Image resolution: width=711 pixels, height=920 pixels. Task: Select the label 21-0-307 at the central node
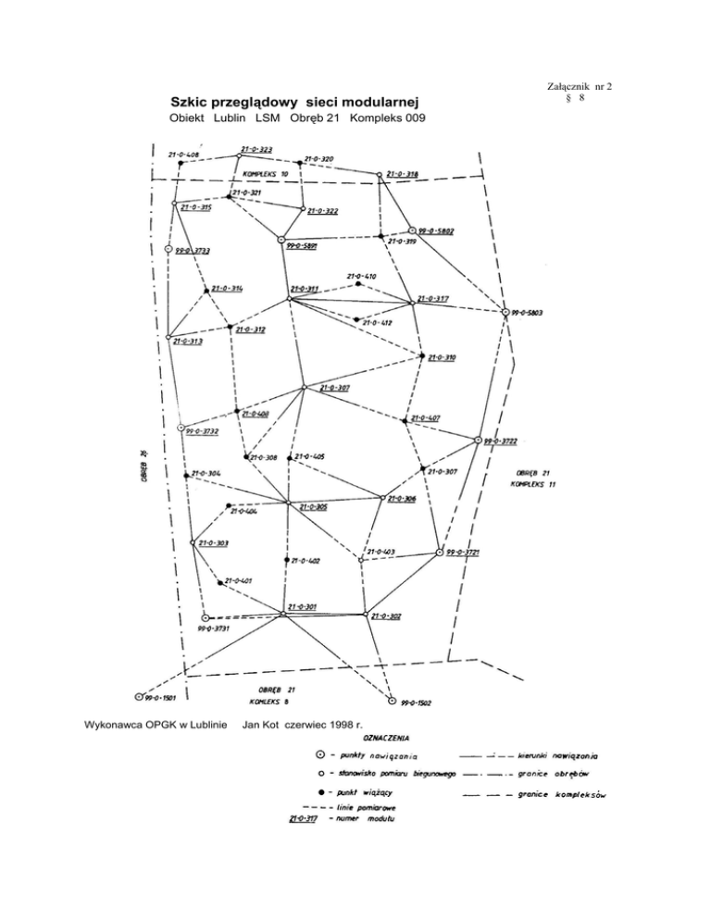(335, 388)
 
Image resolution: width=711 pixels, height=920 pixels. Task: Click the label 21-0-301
(303, 607)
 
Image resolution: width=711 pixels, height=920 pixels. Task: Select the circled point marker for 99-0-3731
(206, 617)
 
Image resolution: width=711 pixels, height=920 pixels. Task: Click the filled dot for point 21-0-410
(358, 284)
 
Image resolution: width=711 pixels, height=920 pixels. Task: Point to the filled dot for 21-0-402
(286, 560)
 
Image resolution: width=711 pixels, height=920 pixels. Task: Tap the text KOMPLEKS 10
(266, 174)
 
